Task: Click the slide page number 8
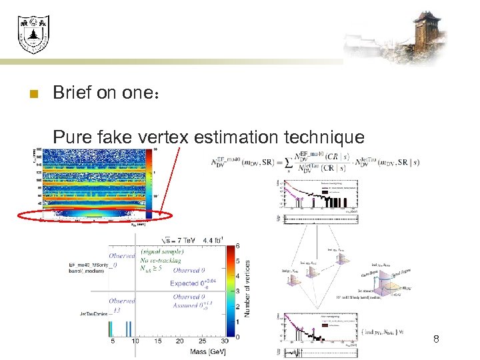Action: click(436, 339)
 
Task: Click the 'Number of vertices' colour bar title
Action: click(248, 288)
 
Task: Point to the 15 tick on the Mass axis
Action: click(157, 341)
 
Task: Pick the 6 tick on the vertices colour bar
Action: click(237, 245)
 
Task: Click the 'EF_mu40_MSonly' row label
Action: click(92, 265)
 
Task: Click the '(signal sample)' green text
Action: click(161, 251)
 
